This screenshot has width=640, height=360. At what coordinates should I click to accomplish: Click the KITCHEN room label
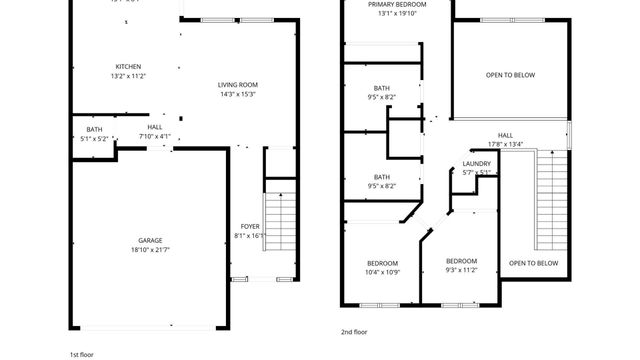127,67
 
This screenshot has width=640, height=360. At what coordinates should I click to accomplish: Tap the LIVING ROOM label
239,85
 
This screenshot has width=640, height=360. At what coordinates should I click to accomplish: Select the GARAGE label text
150,241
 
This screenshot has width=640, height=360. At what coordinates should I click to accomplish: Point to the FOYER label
250,227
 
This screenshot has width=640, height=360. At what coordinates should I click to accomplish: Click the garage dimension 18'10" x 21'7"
150,250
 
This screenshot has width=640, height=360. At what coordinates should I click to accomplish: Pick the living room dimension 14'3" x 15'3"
239,94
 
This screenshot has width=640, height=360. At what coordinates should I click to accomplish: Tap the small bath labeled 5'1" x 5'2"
94,133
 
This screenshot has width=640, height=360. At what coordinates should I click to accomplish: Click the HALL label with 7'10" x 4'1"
155,132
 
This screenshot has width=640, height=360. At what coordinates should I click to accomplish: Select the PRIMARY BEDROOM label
381,5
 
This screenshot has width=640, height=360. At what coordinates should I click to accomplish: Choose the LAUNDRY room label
476,164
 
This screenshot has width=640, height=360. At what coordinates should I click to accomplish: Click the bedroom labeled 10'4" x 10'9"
381,267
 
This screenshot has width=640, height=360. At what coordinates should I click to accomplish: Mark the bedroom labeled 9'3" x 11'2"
462,265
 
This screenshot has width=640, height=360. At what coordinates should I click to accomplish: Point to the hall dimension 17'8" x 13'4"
506,143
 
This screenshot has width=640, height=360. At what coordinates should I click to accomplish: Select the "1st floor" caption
83,354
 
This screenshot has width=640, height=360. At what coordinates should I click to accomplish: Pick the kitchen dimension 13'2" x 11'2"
127,76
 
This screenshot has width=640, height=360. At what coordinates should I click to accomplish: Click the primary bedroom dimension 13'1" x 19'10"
381,14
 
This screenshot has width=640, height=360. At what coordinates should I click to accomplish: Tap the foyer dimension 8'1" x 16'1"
250,236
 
